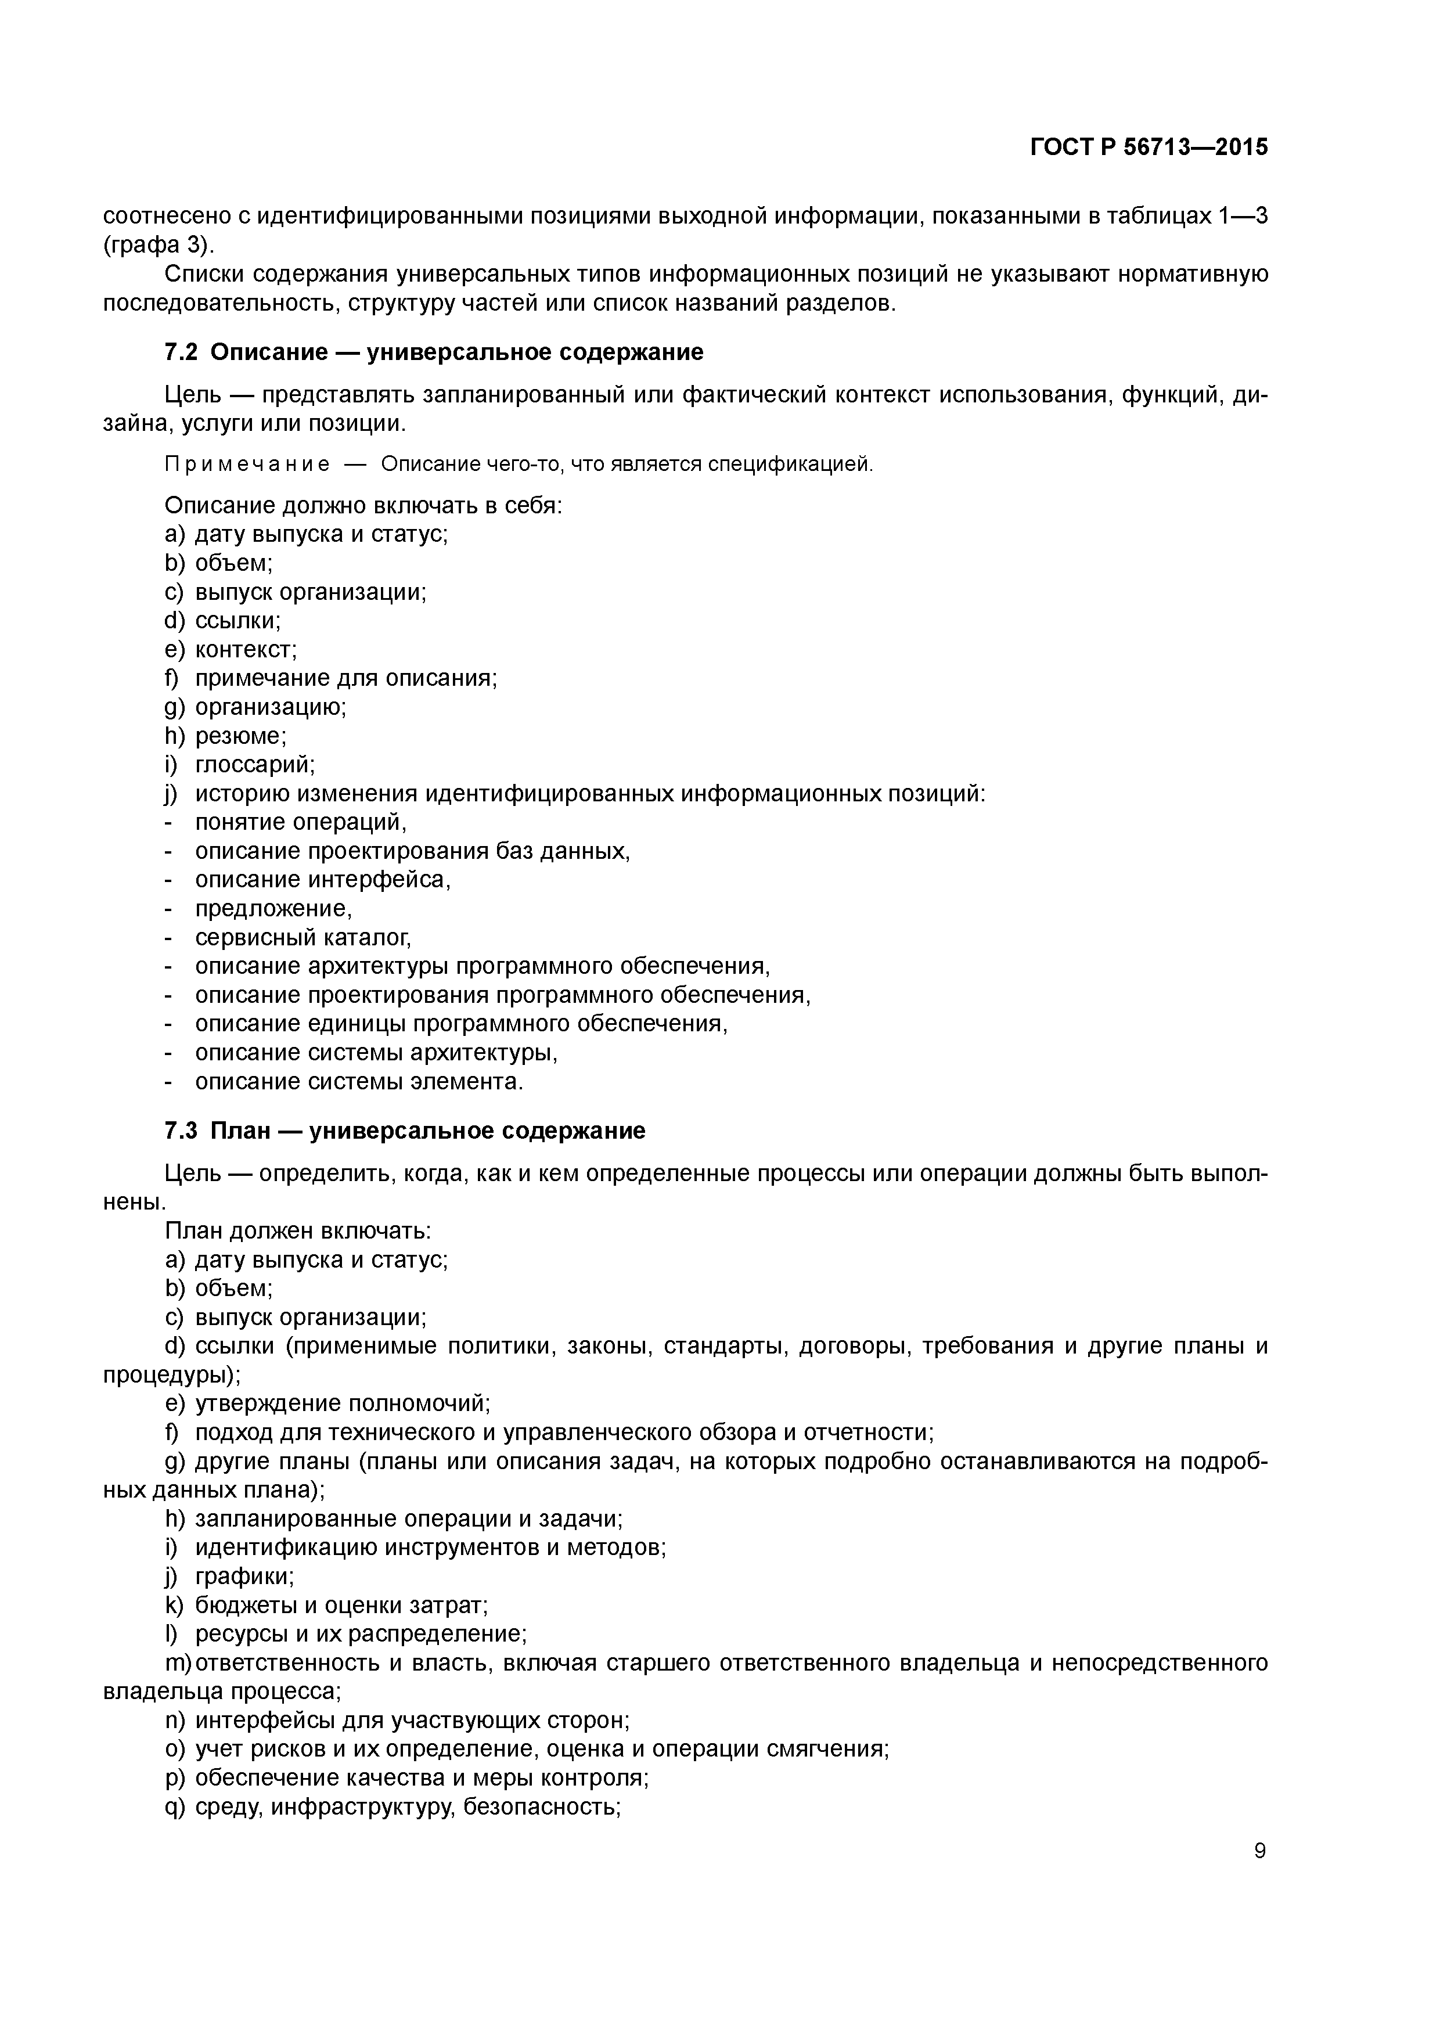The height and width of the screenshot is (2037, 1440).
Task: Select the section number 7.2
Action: point(181,352)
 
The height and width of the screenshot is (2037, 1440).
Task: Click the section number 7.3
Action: point(181,1131)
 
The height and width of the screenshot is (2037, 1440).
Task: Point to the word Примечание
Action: point(247,464)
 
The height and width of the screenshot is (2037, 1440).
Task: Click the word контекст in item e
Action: point(245,649)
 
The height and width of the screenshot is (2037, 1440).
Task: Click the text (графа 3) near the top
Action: point(158,245)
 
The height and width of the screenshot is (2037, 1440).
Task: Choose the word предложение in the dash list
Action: point(272,909)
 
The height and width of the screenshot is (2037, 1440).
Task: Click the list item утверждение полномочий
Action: point(341,1403)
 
